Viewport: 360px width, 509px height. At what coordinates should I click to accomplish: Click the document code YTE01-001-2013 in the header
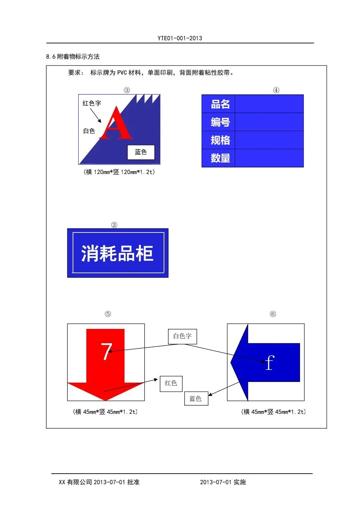coord(180,38)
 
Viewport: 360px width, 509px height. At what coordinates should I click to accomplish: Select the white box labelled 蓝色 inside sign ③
coord(141,152)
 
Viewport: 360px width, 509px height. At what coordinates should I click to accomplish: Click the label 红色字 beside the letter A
coord(92,103)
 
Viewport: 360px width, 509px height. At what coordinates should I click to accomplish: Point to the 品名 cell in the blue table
coord(220,104)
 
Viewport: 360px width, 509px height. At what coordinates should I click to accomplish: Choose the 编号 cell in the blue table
coord(220,122)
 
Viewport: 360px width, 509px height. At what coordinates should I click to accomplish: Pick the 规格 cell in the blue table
coord(220,140)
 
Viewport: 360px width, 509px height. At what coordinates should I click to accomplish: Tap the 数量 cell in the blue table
coord(220,158)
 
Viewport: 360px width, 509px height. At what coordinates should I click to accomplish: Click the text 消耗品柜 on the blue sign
coord(117,253)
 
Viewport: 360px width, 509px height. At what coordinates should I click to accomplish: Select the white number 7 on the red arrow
coord(106,351)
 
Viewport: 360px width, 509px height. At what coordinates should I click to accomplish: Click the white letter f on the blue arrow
coord(270,363)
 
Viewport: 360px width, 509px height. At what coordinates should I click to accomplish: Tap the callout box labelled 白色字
coord(182,336)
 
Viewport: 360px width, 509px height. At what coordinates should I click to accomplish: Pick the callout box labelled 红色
coord(171,383)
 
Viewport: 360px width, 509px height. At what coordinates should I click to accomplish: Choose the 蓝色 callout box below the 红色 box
coord(196,399)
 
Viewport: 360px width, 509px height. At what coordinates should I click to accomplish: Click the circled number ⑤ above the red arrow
coord(108,314)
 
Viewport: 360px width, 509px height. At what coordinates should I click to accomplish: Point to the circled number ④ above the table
coord(276,90)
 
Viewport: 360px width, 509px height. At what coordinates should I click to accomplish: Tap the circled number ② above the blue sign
coord(114,225)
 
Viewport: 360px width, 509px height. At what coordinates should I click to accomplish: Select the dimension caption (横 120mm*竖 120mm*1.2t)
coord(119,172)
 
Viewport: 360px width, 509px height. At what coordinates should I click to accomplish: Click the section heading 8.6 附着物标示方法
coord(73,57)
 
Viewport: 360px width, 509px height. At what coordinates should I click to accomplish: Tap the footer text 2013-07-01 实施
coord(223,482)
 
